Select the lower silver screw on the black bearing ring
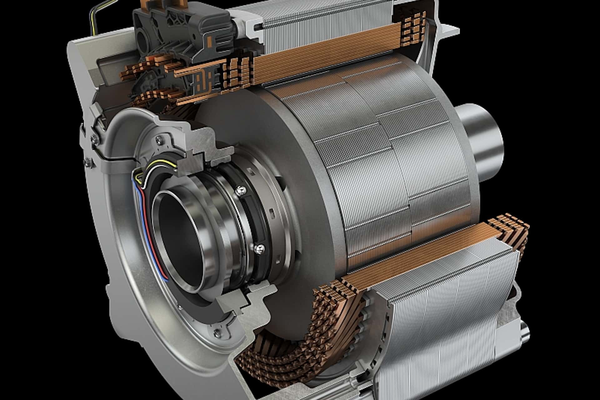(259, 248)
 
